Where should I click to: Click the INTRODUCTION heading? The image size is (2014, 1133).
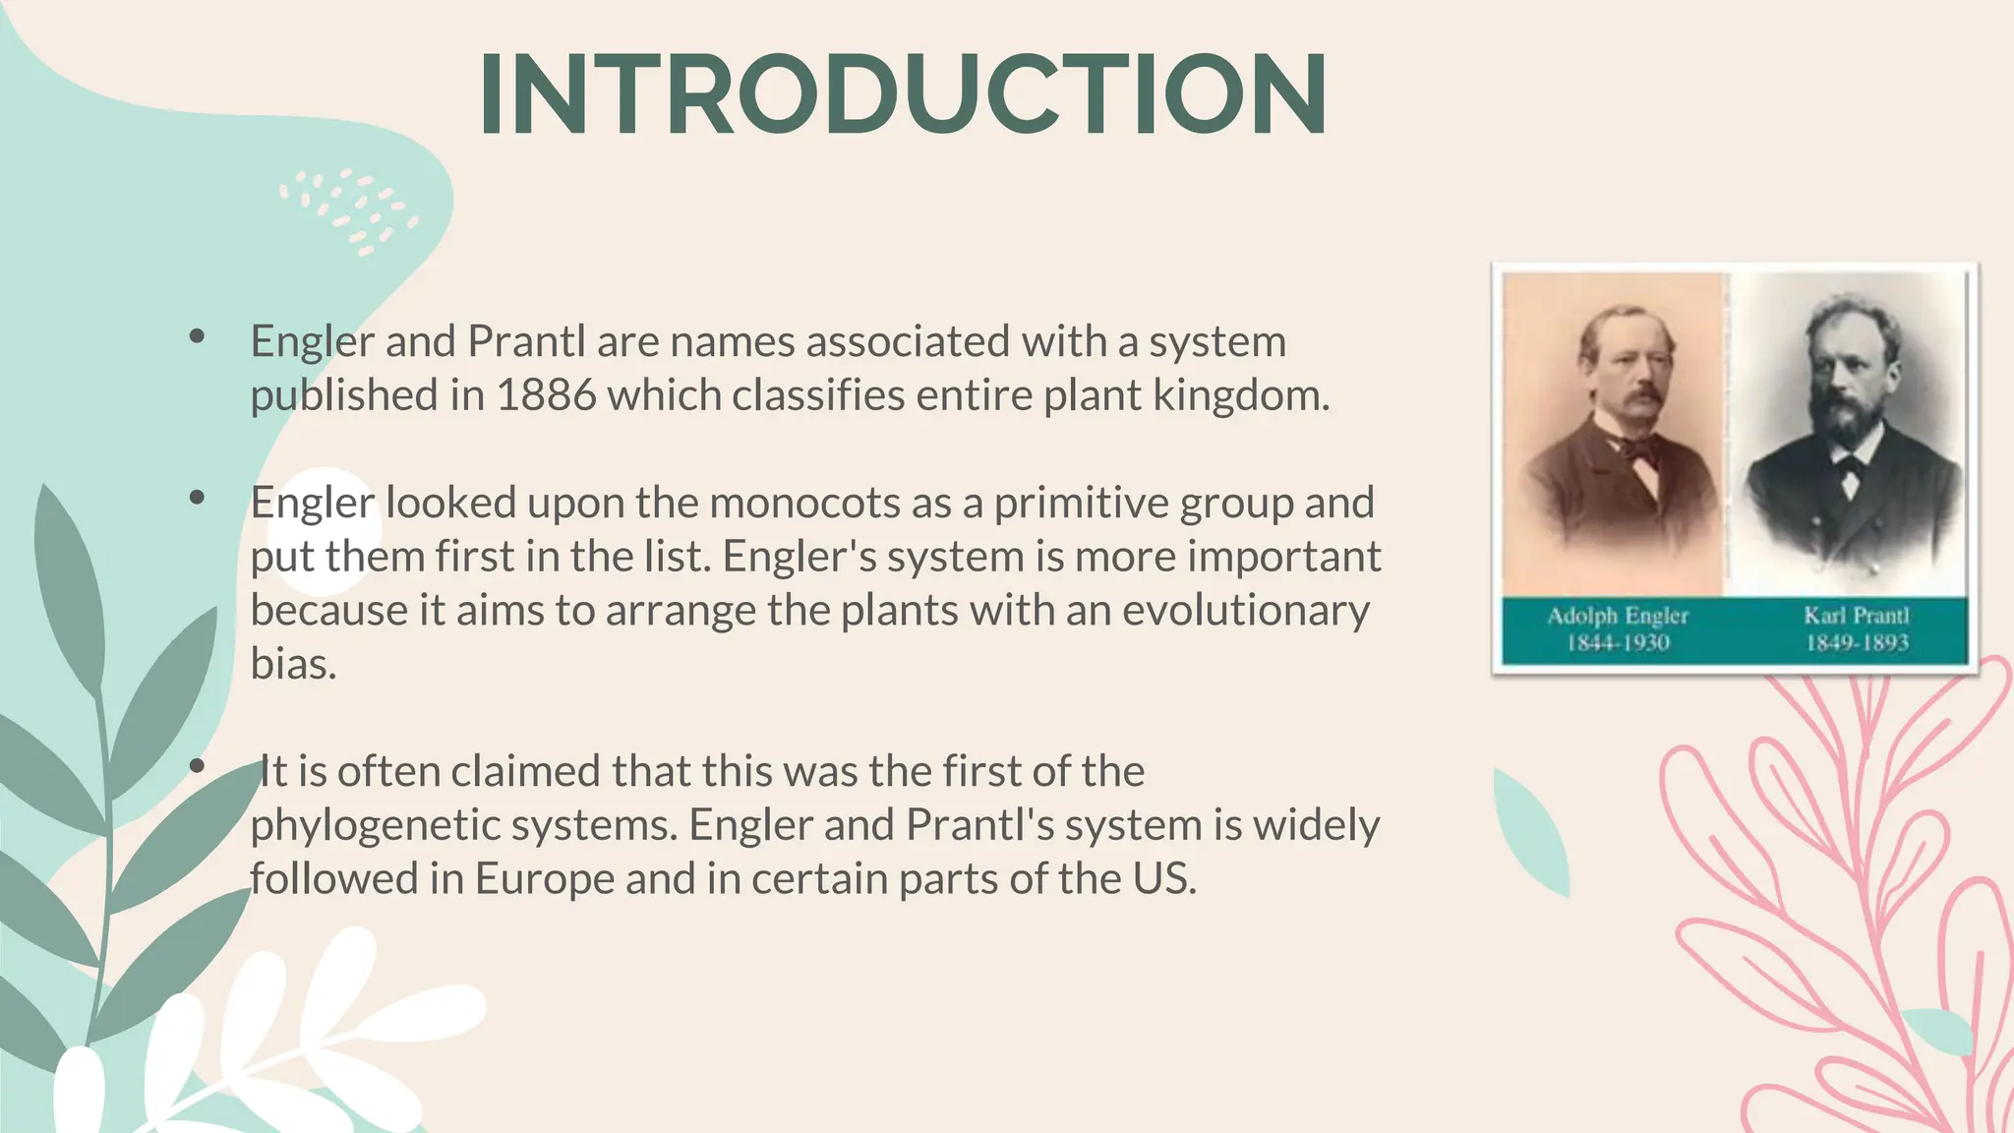point(903,95)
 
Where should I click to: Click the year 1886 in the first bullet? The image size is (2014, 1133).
point(546,395)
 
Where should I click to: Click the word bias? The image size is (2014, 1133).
point(293,664)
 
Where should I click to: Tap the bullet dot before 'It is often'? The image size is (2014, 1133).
point(197,765)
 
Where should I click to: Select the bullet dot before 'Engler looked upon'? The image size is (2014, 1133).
point(197,498)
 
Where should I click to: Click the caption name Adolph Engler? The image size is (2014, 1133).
point(1617,616)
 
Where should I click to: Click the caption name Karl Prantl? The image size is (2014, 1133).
point(1856,616)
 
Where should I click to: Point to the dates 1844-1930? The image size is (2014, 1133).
point(1618,643)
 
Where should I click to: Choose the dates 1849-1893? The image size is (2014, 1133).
point(1857,643)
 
